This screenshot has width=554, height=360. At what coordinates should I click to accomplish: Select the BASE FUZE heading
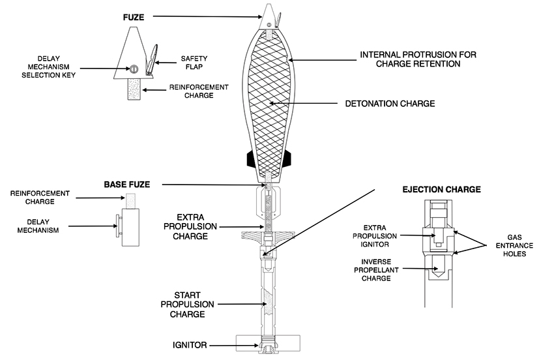126,185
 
